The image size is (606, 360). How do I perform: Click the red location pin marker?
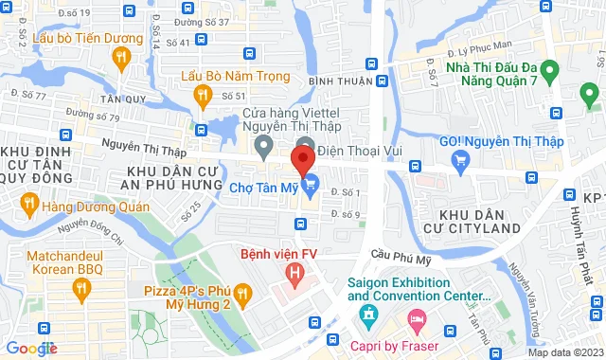click(304, 157)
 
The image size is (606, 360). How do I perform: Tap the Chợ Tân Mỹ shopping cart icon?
click(308, 185)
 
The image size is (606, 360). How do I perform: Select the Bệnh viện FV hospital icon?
click(296, 277)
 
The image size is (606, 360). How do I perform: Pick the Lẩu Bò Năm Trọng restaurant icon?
click(202, 95)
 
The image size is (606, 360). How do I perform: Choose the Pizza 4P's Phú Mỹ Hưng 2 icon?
click(241, 297)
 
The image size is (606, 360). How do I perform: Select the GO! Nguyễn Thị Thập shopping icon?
click(461, 161)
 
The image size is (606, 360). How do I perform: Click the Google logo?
click(32, 349)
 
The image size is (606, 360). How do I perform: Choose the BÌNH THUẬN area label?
click(340, 81)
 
